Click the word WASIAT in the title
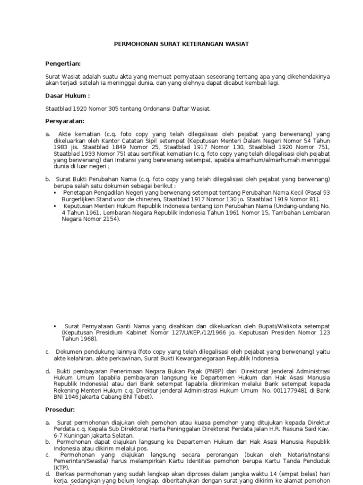pos(238,44)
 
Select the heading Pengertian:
pos(63,63)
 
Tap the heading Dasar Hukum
pos(67,96)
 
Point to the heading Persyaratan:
pos(64,121)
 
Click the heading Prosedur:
pos(60,409)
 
